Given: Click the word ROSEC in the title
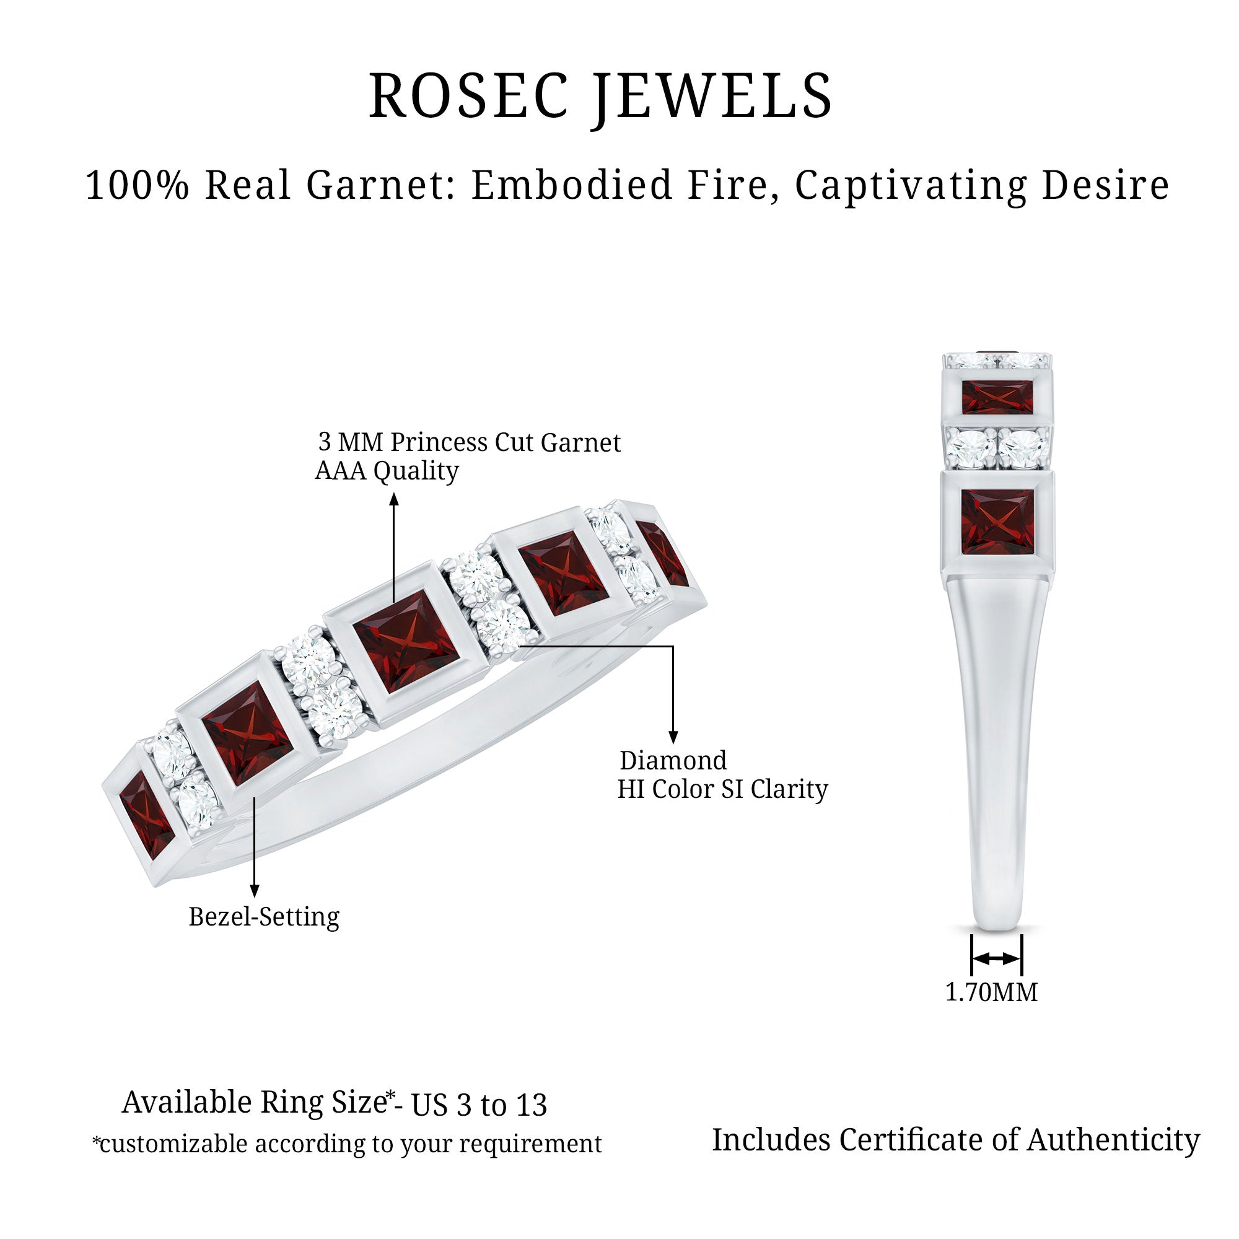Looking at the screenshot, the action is point(469,95).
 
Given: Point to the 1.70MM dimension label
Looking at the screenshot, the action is point(991,992).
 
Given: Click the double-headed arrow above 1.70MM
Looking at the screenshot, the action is point(996,959).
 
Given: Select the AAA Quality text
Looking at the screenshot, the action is point(387,471).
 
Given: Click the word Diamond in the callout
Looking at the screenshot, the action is point(673,761).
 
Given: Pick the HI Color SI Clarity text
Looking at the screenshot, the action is point(723,789).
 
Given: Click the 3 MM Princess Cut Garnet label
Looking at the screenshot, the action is point(470,442).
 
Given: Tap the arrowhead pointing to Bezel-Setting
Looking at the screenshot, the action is point(255,891).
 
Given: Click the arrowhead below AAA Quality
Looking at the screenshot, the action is point(395,499).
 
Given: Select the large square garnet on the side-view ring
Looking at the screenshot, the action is point(997,522).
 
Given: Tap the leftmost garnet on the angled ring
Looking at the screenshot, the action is point(146,815).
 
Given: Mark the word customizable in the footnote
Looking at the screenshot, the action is point(174,1144).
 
